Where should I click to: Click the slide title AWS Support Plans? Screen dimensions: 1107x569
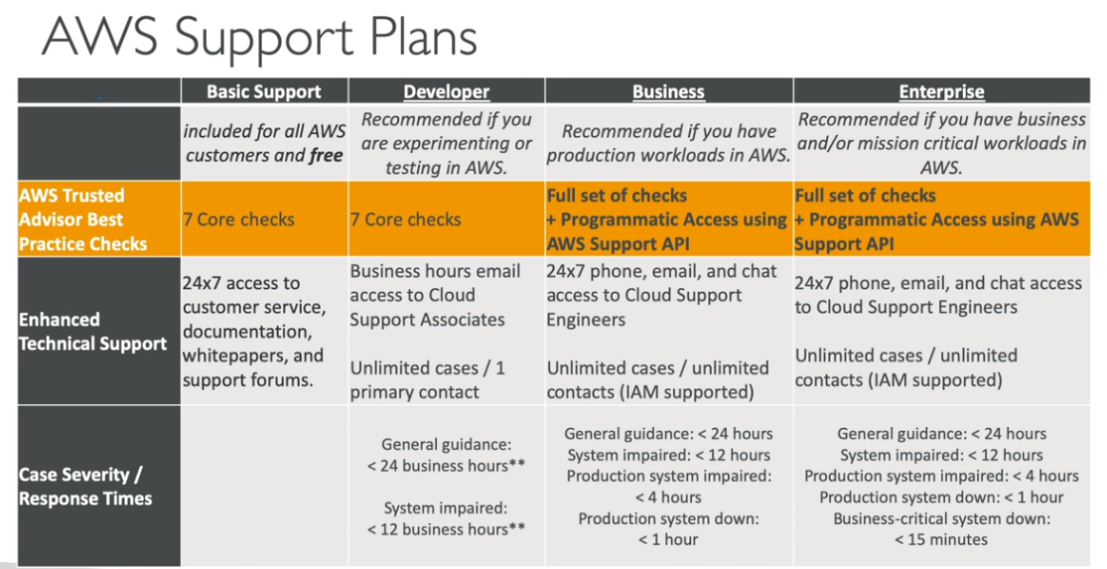(258, 37)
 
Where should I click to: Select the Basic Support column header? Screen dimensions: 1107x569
(264, 91)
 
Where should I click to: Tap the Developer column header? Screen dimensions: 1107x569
(446, 91)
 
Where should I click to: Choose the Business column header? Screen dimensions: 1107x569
(668, 91)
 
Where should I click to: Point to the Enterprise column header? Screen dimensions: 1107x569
(942, 91)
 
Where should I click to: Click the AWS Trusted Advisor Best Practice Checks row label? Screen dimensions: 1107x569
(82, 219)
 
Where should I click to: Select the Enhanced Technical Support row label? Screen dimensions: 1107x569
(93, 331)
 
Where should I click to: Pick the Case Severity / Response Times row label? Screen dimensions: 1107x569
(85, 487)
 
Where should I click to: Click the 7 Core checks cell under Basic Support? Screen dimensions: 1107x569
(238, 219)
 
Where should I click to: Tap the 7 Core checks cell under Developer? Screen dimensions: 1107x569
(405, 219)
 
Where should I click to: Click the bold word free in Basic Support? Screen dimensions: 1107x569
(326, 155)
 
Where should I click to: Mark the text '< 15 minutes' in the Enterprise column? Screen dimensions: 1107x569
(941, 540)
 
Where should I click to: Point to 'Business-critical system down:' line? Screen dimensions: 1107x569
(942, 519)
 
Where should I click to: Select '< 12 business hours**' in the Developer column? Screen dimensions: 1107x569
(446, 529)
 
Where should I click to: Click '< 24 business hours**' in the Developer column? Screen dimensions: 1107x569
(446, 466)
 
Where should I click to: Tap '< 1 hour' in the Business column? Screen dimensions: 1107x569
(668, 540)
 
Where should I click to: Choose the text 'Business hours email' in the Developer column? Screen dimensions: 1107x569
(435, 271)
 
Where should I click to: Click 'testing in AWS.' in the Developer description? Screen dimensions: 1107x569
(446, 168)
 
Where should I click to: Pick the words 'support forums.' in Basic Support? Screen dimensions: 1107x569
(248, 380)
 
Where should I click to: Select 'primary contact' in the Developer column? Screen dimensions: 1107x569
(414, 392)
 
